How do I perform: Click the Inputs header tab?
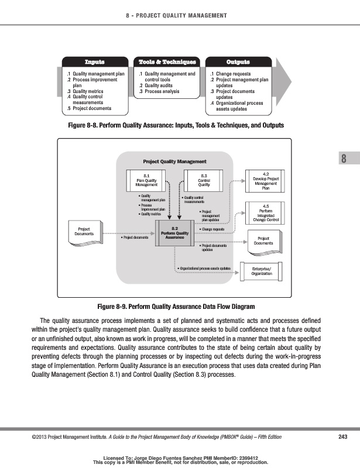(x=94, y=62)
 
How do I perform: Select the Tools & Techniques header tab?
(x=167, y=62)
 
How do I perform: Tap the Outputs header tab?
(x=238, y=62)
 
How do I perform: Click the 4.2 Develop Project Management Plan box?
(x=265, y=181)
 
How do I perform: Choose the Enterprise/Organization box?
(x=265, y=270)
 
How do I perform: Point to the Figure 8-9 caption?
(x=180, y=307)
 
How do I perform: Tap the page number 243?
(x=344, y=436)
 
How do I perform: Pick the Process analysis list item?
(x=160, y=91)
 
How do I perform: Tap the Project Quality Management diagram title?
(x=174, y=161)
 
